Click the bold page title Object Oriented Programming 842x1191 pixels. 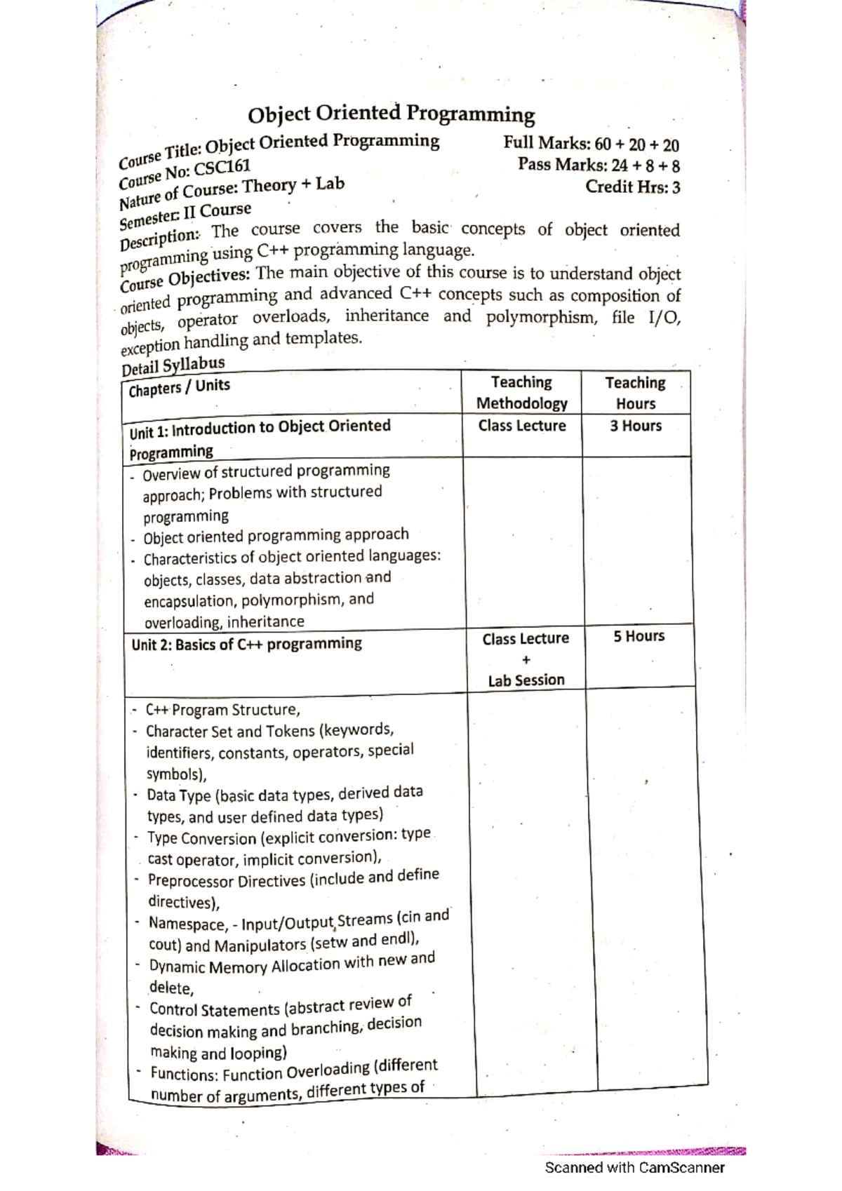tap(392, 114)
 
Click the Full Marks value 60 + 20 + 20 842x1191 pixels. tap(636, 144)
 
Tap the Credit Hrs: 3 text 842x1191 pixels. tap(633, 187)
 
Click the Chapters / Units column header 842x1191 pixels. tap(179, 387)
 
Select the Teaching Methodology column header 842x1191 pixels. tap(521, 393)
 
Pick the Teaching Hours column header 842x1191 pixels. tap(636, 393)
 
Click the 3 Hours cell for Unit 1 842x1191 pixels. tap(636, 426)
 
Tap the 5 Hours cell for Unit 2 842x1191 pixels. tap(639, 636)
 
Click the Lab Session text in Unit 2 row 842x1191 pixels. tap(526, 680)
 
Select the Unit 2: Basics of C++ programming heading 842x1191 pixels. tap(246, 644)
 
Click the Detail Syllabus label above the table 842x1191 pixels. tap(173, 365)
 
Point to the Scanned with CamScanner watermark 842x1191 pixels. tap(635, 1168)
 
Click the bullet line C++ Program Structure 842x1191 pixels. tap(223, 709)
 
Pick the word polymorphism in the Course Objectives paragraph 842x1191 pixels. tap(542, 318)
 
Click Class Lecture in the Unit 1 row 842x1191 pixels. tap(522, 426)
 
